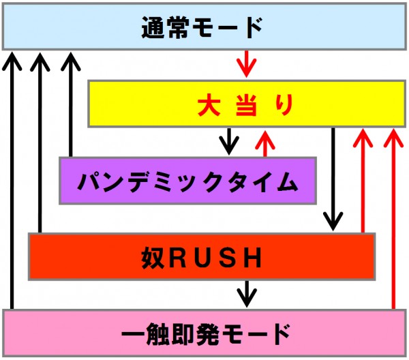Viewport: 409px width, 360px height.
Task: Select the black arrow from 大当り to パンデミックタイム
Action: (x=230, y=141)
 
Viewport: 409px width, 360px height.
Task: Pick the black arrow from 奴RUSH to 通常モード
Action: (x=40, y=143)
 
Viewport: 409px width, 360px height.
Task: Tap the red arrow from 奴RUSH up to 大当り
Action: (x=363, y=181)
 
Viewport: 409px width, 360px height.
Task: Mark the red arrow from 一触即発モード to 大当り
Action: (x=392, y=218)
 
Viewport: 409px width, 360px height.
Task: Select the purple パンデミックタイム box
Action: (x=187, y=181)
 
